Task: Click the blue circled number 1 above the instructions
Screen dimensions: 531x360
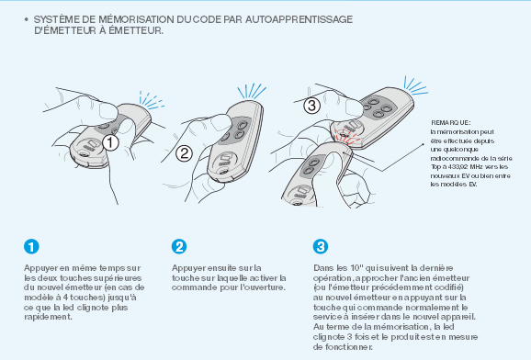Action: tap(31, 246)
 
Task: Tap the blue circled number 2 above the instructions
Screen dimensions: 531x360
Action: tap(179, 246)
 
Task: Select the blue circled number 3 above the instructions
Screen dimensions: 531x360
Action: tap(321, 246)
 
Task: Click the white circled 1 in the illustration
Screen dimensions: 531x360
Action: tap(110, 142)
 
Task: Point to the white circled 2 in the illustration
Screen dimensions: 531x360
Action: tap(185, 153)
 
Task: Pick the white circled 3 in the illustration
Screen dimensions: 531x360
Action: tap(312, 106)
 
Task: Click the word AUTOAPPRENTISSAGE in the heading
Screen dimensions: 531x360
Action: tap(299, 19)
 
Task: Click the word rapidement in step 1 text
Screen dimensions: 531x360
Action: tap(48, 318)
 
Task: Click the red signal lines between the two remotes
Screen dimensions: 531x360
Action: tap(345, 137)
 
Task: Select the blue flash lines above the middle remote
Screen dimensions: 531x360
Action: tap(252, 91)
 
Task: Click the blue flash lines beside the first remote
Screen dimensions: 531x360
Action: tap(151, 100)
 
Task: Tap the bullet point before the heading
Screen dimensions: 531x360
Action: tap(27, 19)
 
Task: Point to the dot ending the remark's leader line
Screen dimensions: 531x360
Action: tap(423, 144)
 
